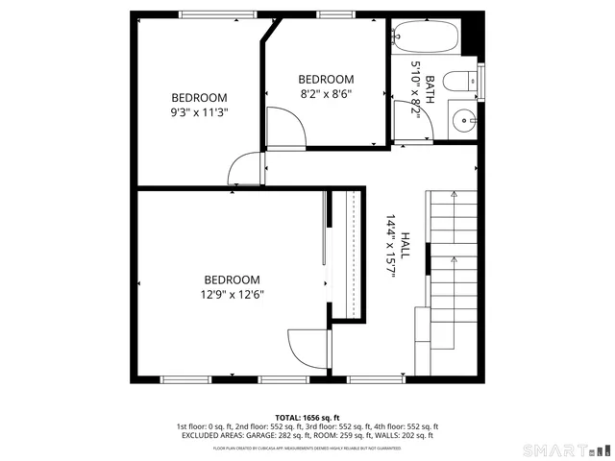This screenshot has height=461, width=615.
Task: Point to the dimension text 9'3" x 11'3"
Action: pos(199,111)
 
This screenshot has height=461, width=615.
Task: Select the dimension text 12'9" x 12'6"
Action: pos(232,295)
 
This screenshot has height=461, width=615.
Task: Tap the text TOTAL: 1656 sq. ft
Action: pos(307,417)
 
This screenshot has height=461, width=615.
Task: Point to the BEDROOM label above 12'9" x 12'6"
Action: pos(232,279)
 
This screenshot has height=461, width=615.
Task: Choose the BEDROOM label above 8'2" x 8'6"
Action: pos(326,79)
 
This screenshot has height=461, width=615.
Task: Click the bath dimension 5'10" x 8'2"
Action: pos(416,87)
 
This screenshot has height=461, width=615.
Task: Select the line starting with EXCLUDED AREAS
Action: pos(307,435)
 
